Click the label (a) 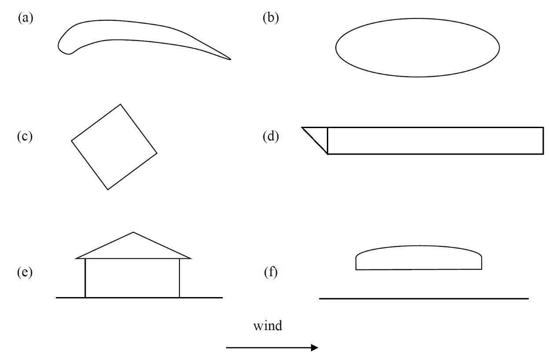point(26,18)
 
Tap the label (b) point(271,18)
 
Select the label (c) point(25,136)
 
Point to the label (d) point(271,136)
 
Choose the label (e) point(25,272)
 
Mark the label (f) point(271,272)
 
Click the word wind point(267,326)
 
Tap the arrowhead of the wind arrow point(314,348)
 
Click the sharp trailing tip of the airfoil point(230,59)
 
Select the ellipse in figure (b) point(417,48)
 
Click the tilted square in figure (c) point(114,147)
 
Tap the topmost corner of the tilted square point(121,105)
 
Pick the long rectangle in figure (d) point(435,141)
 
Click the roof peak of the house point(133,232)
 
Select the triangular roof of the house point(133,249)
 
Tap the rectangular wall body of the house point(132,278)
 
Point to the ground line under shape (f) point(424,298)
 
